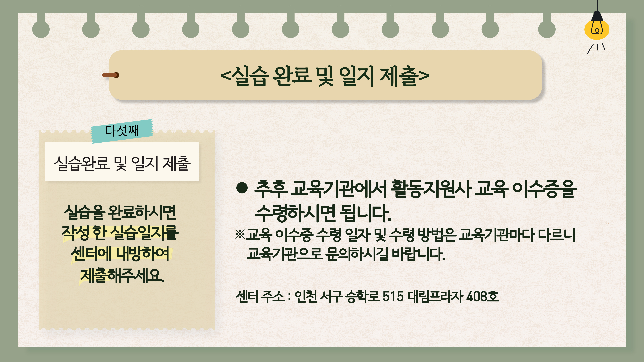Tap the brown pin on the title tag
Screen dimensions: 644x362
point(111,75)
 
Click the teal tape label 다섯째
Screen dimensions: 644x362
point(122,131)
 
